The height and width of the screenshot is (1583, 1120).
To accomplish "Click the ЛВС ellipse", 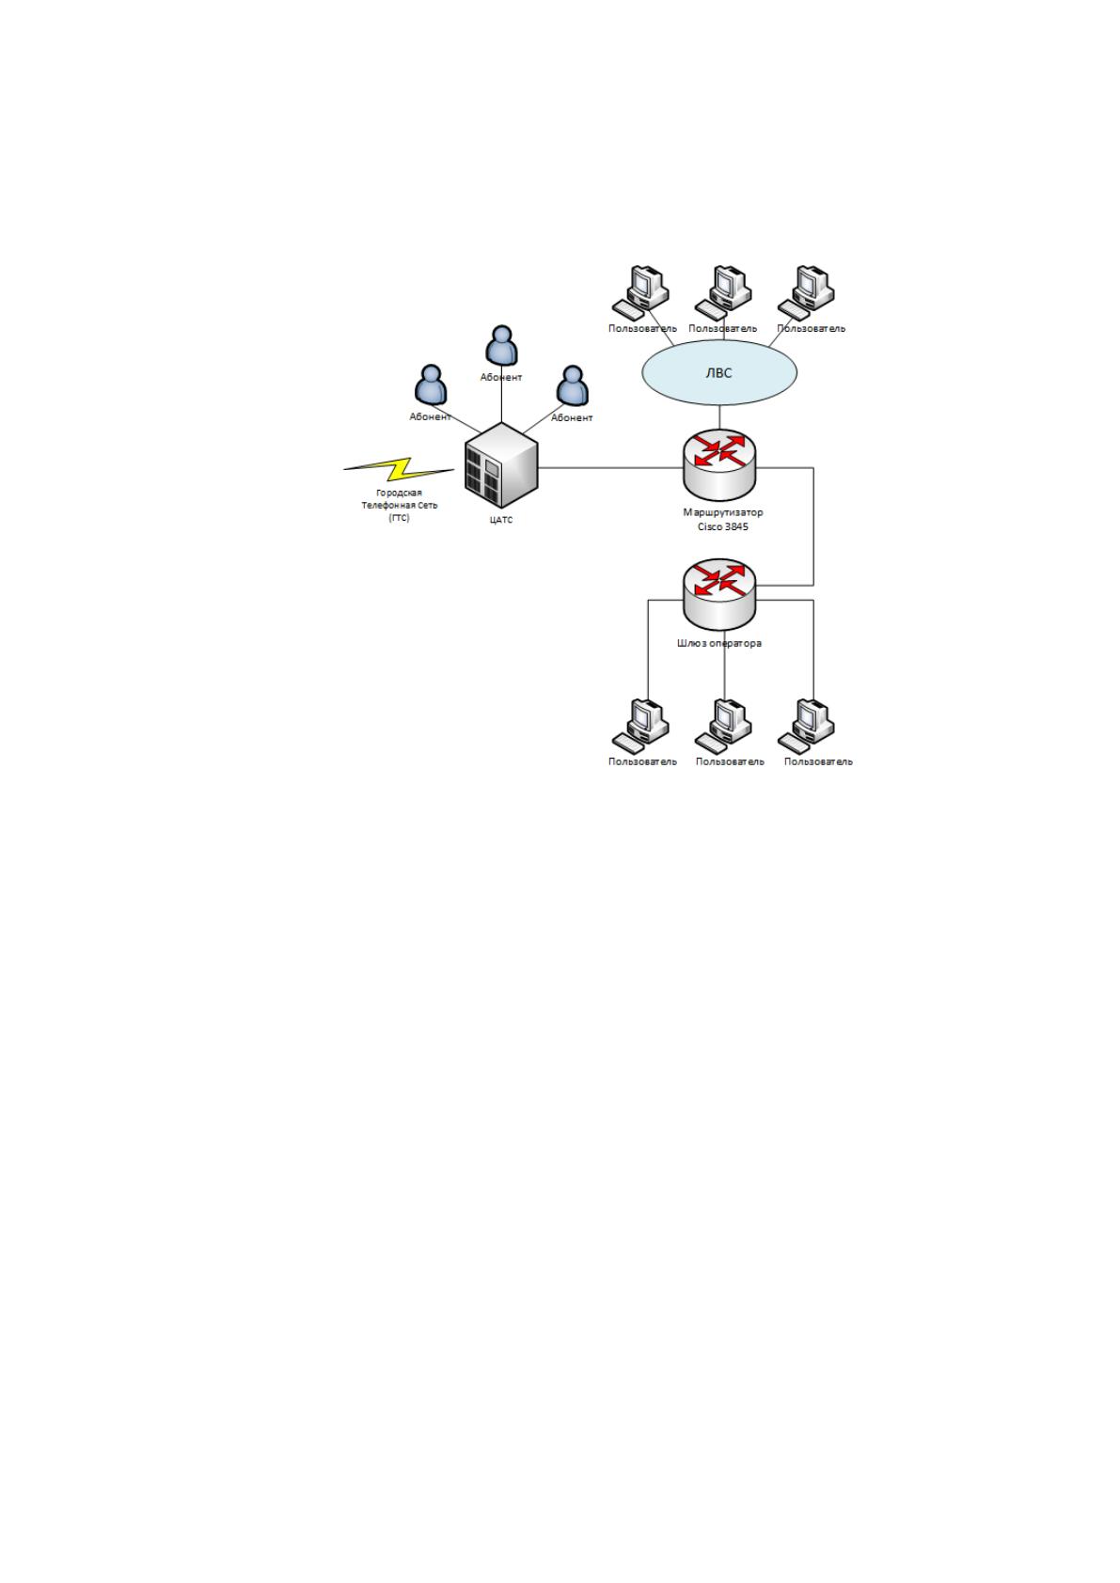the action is point(719,372).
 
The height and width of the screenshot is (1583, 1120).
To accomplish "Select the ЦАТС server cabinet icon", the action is point(501,465).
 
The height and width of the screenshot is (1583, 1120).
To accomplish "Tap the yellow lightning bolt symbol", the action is point(399,469).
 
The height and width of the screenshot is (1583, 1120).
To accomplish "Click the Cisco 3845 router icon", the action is point(719,464).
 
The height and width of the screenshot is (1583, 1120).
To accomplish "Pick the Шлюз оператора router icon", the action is point(719,594).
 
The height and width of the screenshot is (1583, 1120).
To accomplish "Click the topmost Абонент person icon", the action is point(501,346).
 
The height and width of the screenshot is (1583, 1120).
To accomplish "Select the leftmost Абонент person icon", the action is point(431,385).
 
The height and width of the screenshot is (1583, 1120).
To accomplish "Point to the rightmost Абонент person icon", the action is point(573,385).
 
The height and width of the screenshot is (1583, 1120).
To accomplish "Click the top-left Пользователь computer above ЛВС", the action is point(640,293).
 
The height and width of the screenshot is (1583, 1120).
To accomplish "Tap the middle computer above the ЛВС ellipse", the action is point(723,293).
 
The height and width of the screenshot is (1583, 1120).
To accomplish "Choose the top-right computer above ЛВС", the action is point(806,293).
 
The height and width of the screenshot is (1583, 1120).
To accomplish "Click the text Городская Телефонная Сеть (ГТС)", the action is point(400,506).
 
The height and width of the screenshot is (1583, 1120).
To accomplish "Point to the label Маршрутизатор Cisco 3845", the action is point(722,520).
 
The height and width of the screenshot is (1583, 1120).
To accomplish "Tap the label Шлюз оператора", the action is point(719,643).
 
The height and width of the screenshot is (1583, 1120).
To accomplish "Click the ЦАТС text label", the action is point(501,520).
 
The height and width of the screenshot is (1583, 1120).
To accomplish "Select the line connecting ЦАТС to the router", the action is point(611,467).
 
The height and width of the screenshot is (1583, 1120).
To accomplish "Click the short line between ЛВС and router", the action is point(719,417).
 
